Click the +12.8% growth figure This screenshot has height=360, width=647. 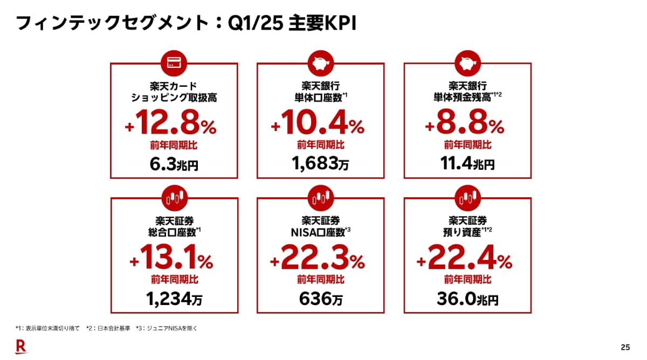coord(171,126)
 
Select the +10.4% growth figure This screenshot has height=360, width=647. coord(318,126)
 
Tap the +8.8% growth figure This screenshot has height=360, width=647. coord(464,126)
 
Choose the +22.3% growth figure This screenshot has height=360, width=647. coord(318,261)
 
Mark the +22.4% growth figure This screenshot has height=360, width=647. coord(464,261)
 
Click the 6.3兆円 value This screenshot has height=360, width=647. coord(174,164)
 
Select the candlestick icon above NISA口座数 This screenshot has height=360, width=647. coord(320,198)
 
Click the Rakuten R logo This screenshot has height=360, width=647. coord(20,347)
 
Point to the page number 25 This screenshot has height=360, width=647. coord(625,347)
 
